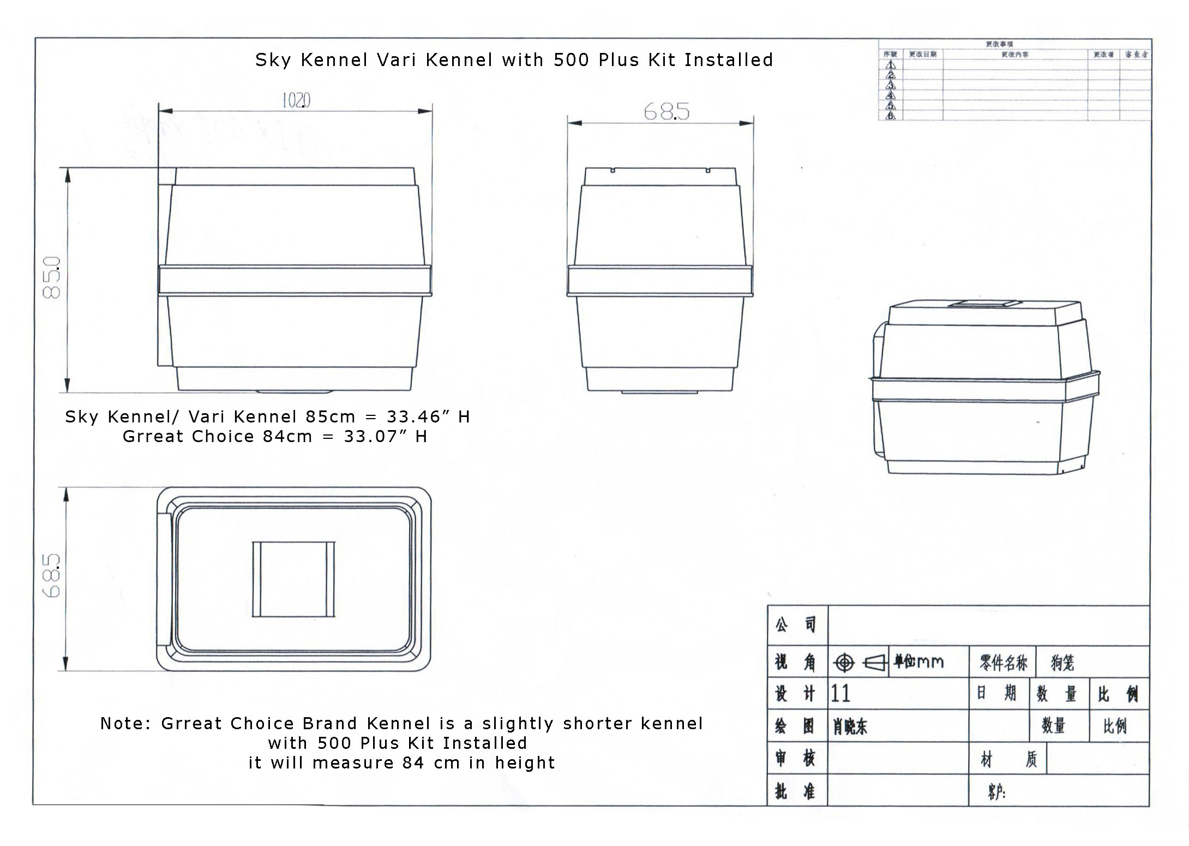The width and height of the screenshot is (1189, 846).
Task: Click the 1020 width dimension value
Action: point(296,100)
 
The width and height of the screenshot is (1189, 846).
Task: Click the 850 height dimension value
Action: point(52,277)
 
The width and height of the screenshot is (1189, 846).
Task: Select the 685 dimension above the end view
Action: point(666,112)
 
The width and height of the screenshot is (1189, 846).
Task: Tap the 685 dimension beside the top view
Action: point(52,575)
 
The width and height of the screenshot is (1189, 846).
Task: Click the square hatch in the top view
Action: point(293,579)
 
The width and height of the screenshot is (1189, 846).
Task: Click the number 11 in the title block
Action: point(840,694)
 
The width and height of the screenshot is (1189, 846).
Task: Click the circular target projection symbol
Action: point(844,663)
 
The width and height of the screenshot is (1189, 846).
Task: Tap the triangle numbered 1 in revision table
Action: point(891,65)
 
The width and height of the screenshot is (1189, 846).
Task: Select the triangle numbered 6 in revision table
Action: point(891,116)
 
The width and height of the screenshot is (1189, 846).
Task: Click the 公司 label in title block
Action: point(796,625)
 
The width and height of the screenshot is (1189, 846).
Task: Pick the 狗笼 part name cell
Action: point(1062,663)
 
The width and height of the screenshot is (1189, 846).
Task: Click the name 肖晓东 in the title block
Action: point(850,726)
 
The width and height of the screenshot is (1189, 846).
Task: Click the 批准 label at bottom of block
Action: point(796,791)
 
